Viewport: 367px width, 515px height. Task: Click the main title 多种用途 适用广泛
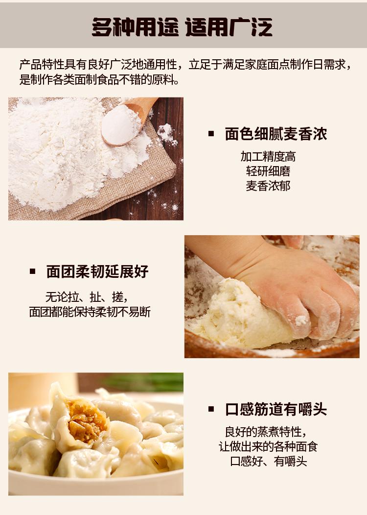pos(182,27)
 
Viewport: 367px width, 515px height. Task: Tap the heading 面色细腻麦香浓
pos(276,134)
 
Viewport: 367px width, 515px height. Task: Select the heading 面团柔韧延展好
pos(97,271)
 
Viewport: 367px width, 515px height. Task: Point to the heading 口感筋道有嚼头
pos(276,410)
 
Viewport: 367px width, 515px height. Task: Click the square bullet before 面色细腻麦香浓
pos(211,134)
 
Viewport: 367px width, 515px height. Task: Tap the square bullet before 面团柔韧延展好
pos(32,271)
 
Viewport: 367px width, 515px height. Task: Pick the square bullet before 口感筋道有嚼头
pos(211,409)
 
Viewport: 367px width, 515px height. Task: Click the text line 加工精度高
pos(268,157)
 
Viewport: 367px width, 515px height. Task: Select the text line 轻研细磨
pos(268,171)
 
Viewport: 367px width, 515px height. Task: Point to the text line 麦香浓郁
pos(268,186)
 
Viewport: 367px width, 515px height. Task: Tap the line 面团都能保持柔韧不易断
pos(90,312)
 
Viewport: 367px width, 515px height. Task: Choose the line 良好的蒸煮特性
pos(266,432)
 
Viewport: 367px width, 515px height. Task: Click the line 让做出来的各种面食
pos(268,447)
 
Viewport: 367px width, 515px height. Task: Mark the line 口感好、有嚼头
pos(268,462)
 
